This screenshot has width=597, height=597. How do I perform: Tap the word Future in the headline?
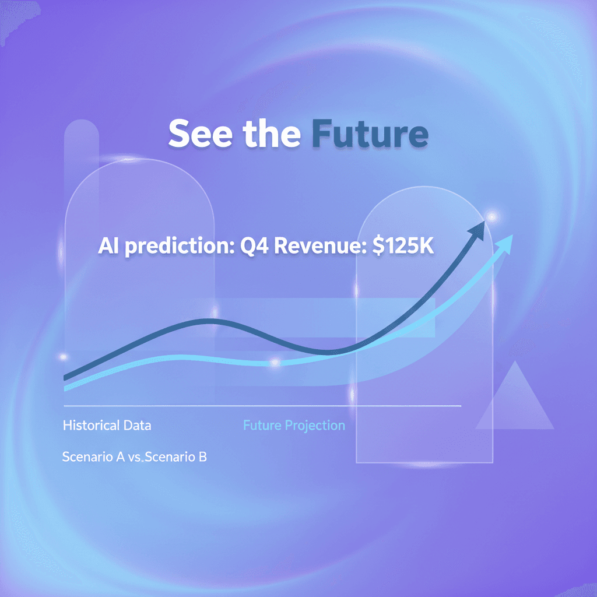coord(370,135)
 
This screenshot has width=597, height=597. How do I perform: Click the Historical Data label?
coord(107,426)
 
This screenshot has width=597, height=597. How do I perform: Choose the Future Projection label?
coord(294,426)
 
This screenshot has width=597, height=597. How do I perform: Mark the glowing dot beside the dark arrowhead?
coord(493,217)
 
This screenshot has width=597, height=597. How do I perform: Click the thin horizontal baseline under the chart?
coord(262,406)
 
